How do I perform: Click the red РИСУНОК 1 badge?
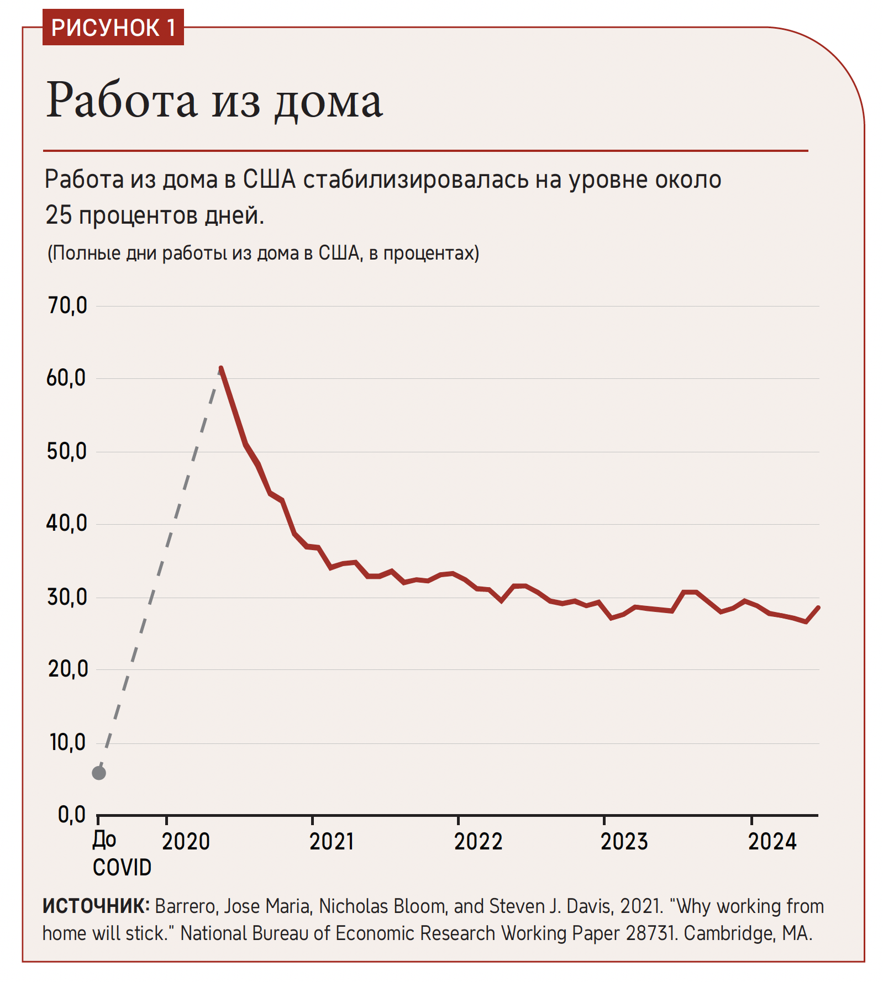(x=113, y=28)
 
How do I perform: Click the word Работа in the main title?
(x=122, y=101)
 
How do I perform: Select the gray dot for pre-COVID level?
(x=99, y=773)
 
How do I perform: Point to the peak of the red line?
(x=221, y=368)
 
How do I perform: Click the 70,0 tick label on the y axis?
(x=67, y=305)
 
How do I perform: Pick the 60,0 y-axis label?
(x=67, y=378)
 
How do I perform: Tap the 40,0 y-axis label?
(x=67, y=524)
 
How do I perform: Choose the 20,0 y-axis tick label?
(x=68, y=669)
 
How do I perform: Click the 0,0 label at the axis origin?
(x=72, y=815)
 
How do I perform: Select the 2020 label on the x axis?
(x=186, y=842)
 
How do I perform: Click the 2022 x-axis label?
(x=478, y=842)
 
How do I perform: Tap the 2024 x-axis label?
(x=772, y=842)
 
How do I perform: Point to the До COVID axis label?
(x=121, y=854)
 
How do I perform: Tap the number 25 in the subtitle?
(x=59, y=215)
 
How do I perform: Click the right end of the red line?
(x=818, y=608)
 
